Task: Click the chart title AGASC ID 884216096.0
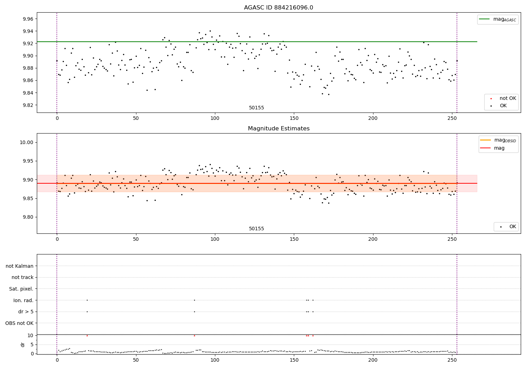[278, 8]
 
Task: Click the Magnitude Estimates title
[278, 129]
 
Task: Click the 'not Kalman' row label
[20, 266]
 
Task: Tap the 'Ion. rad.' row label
[23, 300]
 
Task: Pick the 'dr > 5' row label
[26, 312]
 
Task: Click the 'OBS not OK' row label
[19, 323]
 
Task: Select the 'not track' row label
[22, 277]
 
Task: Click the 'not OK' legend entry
[507, 98]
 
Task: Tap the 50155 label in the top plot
[256, 108]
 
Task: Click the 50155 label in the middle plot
[256, 229]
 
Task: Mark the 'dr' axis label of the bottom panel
[23, 345]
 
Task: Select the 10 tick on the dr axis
[31, 335]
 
